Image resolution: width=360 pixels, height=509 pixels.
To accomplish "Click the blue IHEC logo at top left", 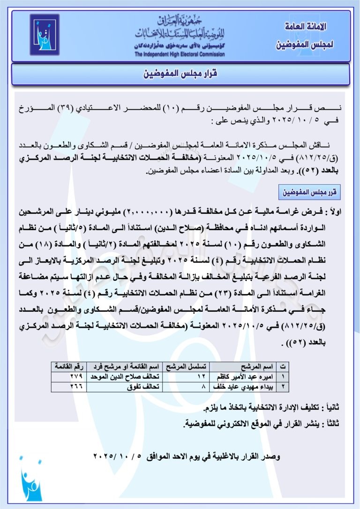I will click(x=45, y=35).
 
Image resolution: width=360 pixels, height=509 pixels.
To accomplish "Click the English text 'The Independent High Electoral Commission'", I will click(x=180, y=54).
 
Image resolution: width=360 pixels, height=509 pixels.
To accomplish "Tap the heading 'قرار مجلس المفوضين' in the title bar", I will click(x=180, y=74).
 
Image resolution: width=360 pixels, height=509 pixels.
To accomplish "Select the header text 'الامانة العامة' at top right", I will click(x=305, y=27).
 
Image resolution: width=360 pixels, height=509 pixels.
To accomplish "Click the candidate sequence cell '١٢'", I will click(x=202, y=376).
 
